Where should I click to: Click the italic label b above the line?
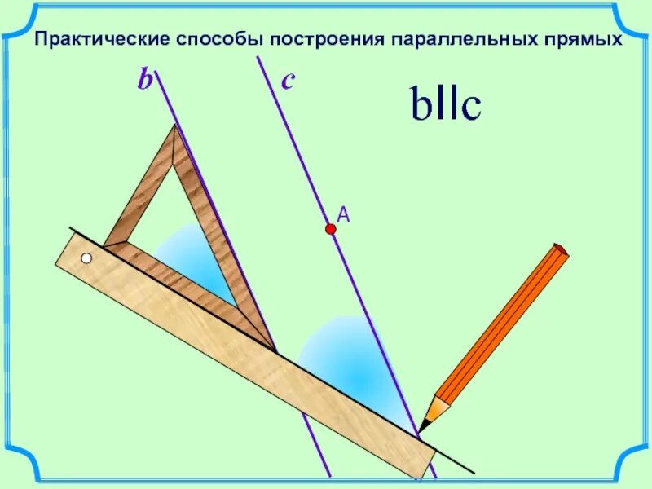(x=145, y=81)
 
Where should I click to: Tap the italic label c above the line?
(x=288, y=81)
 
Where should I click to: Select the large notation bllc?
(x=445, y=106)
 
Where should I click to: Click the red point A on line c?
(x=331, y=231)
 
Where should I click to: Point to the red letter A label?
(x=343, y=214)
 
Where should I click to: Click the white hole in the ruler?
(x=86, y=259)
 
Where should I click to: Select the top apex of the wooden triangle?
(x=174, y=128)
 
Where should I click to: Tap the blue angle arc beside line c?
(x=342, y=359)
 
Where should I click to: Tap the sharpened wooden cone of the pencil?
(x=437, y=407)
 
